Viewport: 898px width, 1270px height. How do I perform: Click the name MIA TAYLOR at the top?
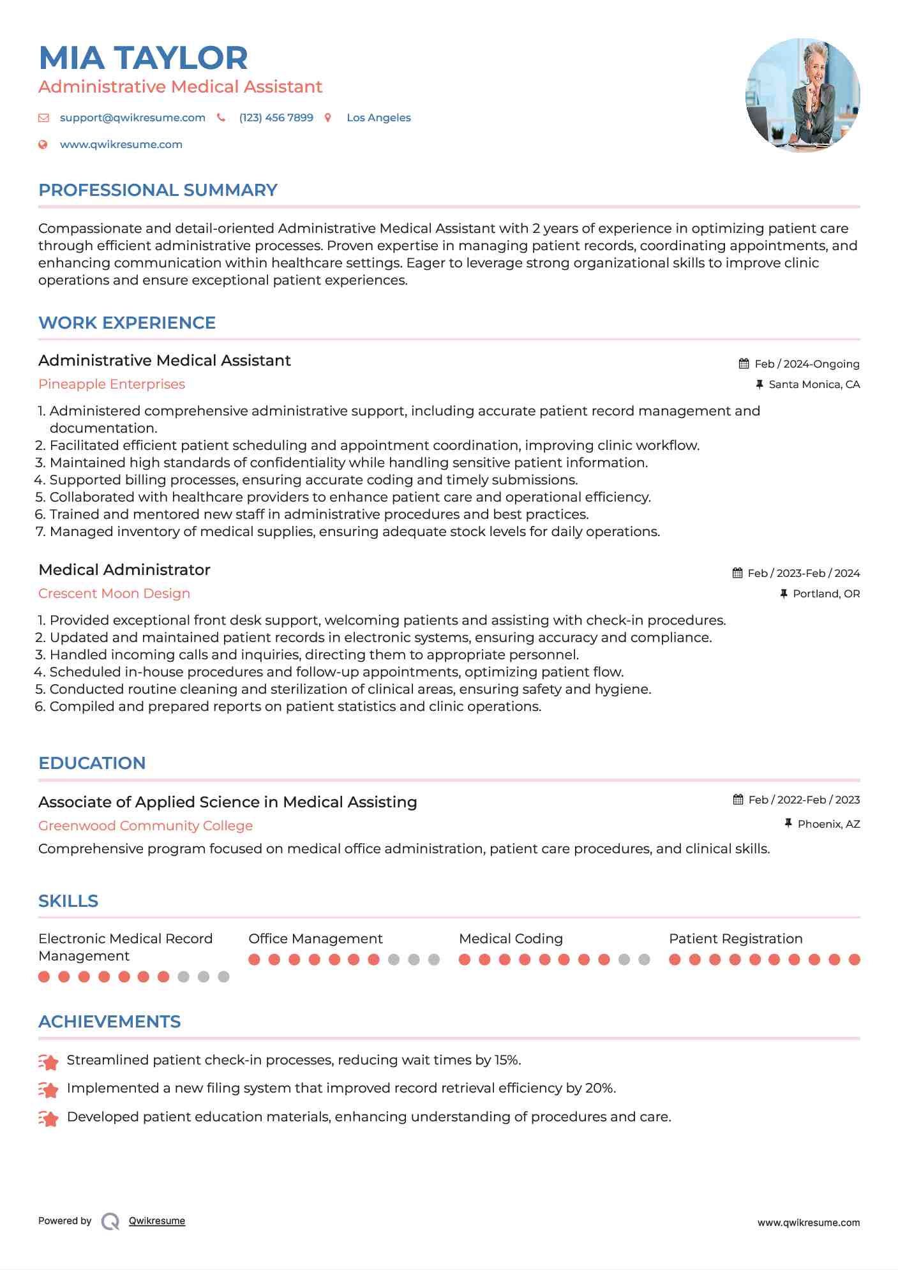[x=143, y=58]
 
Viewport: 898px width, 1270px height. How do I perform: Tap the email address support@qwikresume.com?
[x=132, y=117]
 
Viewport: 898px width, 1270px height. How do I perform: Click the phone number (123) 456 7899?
[x=276, y=117]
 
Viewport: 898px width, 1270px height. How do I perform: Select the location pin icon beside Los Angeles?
[x=328, y=117]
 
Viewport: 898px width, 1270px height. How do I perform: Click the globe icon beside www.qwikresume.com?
[x=43, y=144]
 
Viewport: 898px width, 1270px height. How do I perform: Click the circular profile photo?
[x=802, y=95]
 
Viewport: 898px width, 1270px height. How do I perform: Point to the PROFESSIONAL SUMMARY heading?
[x=158, y=190]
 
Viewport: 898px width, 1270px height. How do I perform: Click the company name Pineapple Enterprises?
[x=112, y=384]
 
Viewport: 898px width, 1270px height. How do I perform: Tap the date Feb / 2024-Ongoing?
[x=807, y=364]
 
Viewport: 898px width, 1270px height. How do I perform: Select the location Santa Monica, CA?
[x=814, y=384]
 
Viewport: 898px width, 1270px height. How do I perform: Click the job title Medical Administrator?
[x=124, y=570]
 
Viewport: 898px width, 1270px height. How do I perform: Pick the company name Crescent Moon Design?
[x=114, y=594]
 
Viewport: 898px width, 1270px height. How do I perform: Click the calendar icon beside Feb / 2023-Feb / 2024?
[x=738, y=573]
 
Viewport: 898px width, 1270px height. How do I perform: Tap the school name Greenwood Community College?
[x=146, y=826]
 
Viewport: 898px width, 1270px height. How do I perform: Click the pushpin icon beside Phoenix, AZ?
[x=788, y=824]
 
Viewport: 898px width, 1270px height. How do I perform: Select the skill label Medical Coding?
[x=511, y=939]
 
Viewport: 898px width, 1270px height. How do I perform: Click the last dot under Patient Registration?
[x=855, y=959]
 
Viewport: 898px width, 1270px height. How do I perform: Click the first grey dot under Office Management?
[x=394, y=959]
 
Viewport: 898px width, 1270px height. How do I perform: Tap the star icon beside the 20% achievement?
[x=49, y=1090]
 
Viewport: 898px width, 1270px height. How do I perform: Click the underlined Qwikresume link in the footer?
[x=157, y=1221]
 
